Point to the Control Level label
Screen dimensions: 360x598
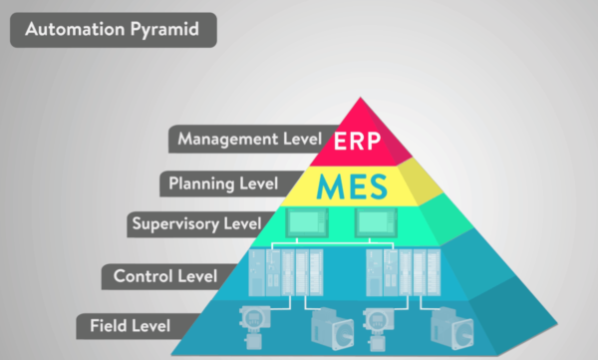[x=160, y=276]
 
